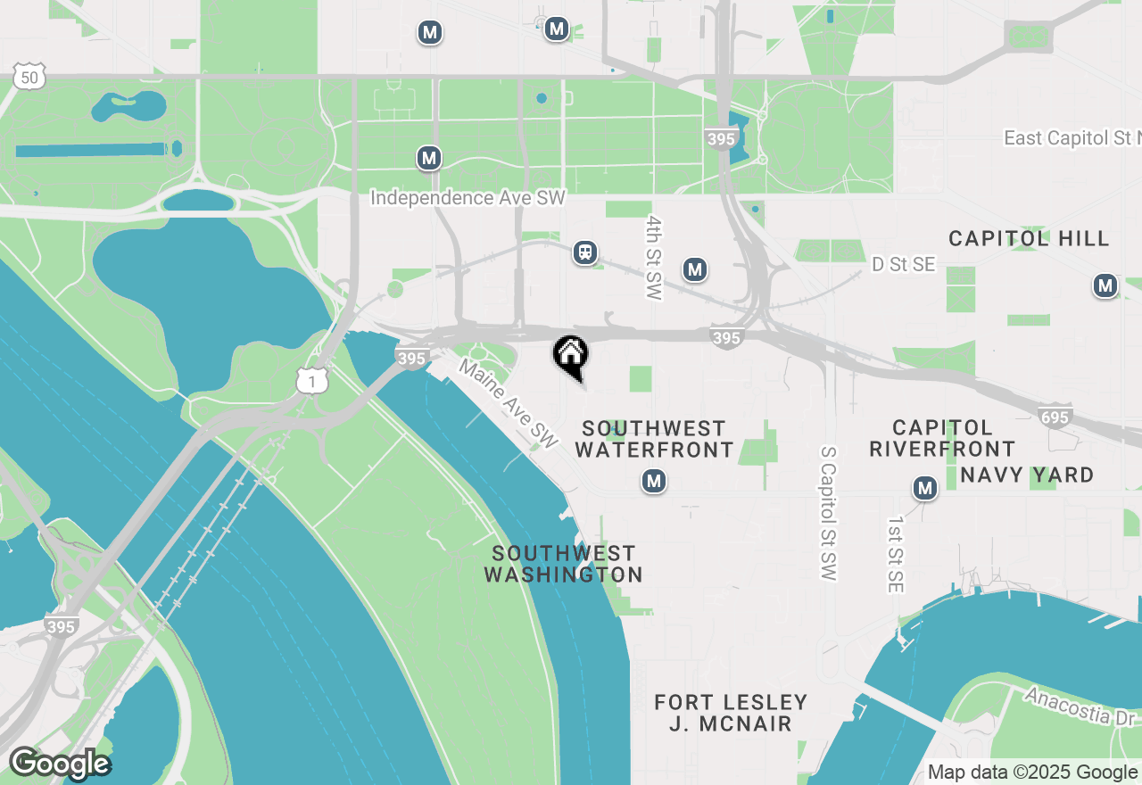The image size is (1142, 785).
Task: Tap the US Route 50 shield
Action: tap(30, 78)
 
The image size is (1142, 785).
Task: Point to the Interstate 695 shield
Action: tap(1055, 415)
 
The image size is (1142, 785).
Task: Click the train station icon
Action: tap(585, 252)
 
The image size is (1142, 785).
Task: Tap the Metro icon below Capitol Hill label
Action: tap(1105, 285)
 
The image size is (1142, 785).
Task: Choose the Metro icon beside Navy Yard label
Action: tap(925, 488)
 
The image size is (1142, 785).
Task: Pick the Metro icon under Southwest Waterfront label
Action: tap(654, 482)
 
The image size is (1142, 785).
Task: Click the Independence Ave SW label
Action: tap(468, 197)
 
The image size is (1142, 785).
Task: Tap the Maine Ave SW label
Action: tap(508, 403)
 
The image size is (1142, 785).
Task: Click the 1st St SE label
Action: tap(896, 553)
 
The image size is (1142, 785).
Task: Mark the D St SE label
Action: tap(903, 265)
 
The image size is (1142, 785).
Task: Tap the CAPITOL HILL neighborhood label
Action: tap(1029, 238)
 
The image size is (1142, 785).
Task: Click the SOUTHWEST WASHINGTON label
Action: tap(563, 564)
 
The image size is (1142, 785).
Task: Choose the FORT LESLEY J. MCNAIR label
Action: tap(731, 713)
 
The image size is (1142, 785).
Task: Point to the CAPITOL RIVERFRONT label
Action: tap(942, 438)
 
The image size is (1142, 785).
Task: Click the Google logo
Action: tap(60, 764)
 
